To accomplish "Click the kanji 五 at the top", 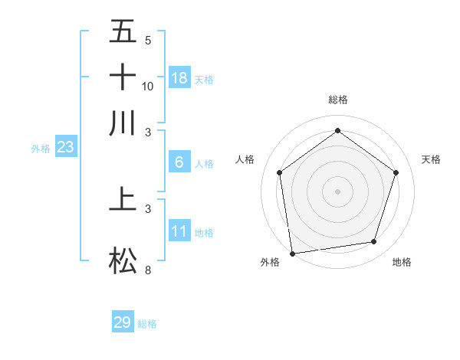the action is [x=123, y=32].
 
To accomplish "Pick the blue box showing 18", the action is [x=179, y=77].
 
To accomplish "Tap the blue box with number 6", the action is [x=179, y=162].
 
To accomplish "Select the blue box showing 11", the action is [x=179, y=231].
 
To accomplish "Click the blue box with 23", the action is [x=65, y=148].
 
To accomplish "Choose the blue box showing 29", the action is [x=123, y=322].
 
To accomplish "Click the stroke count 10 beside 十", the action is [x=148, y=86].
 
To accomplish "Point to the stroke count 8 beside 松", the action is [x=148, y=270].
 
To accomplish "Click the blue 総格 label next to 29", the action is [x=147, y=324].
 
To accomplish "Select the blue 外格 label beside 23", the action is [x=41, y=149].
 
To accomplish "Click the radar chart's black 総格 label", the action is [x=337, y=100].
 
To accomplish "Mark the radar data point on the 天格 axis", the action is [x=396, y=172].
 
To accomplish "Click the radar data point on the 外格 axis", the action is [x=292, y=253].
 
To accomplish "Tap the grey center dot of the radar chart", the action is [x=337, y=191].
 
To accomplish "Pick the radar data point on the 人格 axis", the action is [x=279, y=172].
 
